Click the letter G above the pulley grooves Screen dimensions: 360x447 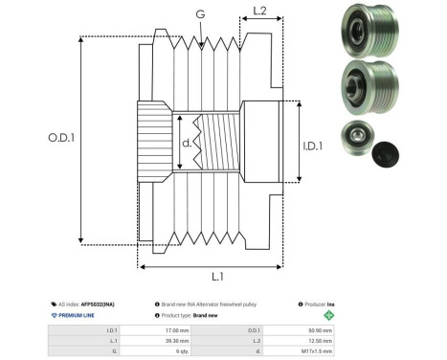click(x=198, y=14)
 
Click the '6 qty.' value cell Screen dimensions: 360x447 click(x=176, y=351)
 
